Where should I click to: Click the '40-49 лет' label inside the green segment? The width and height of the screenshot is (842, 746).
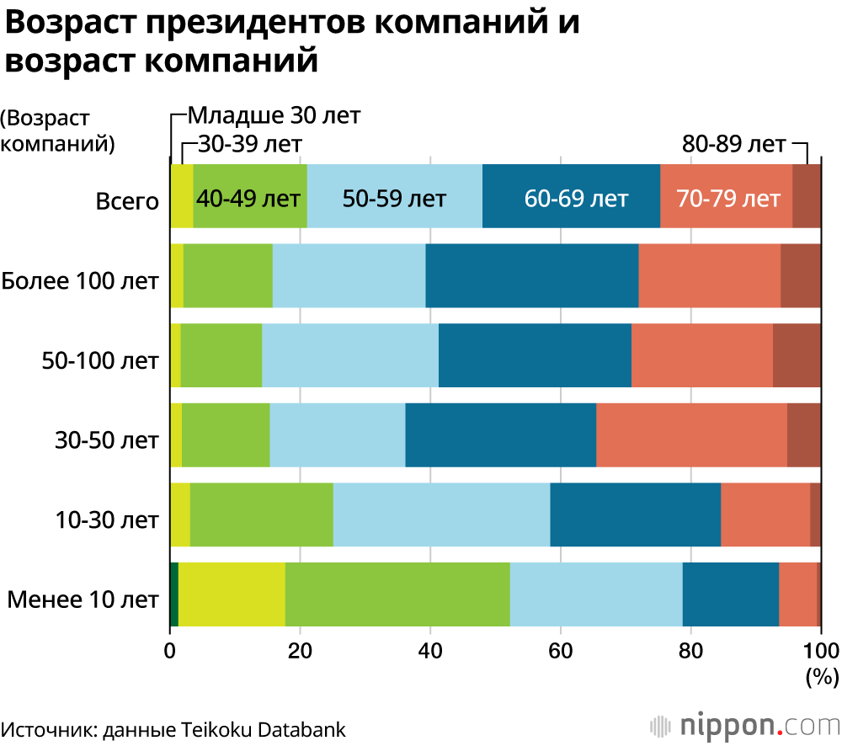click(x=248, y=199)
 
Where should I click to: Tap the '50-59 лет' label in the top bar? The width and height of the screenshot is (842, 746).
click(x=394, y=199)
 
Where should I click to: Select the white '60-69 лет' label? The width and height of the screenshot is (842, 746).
click(x=576, y=199)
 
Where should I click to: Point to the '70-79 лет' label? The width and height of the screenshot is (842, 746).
click(x=728, y=199)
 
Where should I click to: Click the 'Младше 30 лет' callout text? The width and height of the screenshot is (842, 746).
click(x=273, y=115)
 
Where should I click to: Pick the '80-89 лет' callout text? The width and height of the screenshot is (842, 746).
click(x=733, y=144)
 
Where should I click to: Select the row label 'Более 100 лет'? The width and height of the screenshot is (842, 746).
click(x=81, y=280)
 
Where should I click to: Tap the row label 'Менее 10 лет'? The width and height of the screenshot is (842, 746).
click(x=83, y=599)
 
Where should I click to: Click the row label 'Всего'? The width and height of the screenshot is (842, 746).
click(x=127, y=201)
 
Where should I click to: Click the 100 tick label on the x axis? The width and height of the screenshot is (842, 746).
click(x=820, y=650)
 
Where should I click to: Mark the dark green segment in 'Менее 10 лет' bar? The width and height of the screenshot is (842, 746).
click(x=174, y=595)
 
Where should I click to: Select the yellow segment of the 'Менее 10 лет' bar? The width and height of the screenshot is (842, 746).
click(x=232, y=595)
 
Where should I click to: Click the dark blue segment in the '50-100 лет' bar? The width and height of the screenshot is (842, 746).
click(x=535, y=355)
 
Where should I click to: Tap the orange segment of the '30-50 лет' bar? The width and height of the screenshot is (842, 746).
click(x=691, y=435)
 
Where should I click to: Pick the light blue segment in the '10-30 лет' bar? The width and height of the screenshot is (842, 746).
click(x=441, y=515)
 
